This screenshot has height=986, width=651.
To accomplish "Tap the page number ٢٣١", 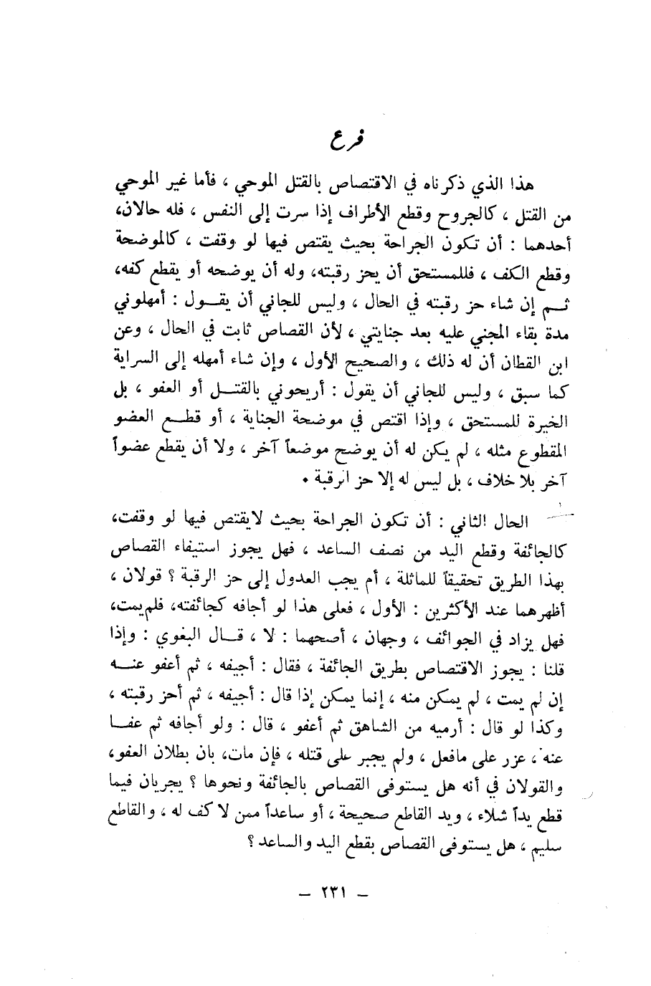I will tap(331, 896).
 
